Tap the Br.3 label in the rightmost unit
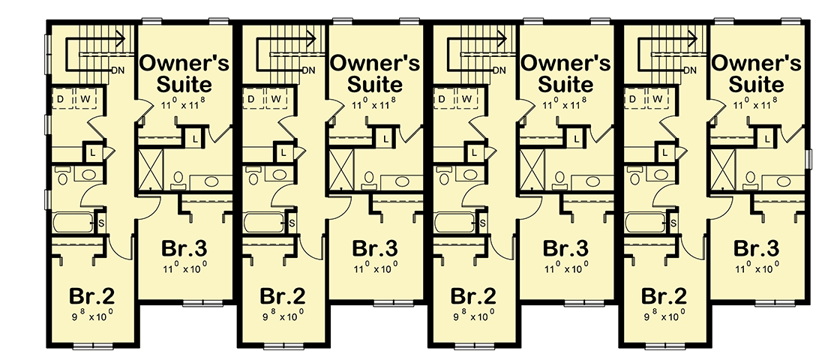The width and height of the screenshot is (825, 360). click(x=757, y=248)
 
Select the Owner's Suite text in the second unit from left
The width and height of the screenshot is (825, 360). click(x=376, y=72)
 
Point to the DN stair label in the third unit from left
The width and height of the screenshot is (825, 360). click(x=499, y=70)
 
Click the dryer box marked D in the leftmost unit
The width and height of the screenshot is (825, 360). click(x=60, y=99)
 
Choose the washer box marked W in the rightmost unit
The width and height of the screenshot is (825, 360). click(x=658, y=99)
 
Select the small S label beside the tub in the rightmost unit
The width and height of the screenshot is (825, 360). click(x=673, y=223)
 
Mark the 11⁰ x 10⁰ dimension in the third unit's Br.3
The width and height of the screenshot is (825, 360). click(x=566, y=268)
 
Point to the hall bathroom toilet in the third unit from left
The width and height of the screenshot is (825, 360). click(x=442, y=177)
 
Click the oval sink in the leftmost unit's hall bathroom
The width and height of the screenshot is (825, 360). click(x=88, y=175)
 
